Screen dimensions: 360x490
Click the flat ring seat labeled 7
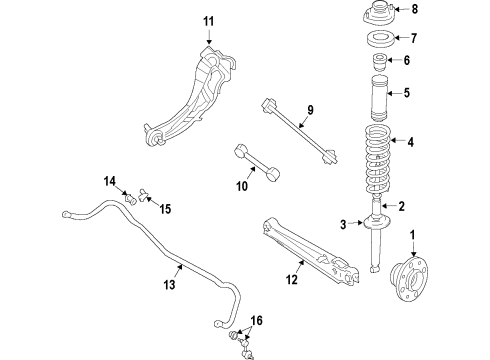coord(379,42)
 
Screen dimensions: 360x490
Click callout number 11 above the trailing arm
coord(208,21)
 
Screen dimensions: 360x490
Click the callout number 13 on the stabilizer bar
coord(170,285)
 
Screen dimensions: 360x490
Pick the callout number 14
coord(109,180)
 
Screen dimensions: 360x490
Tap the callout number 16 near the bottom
coord(257,319)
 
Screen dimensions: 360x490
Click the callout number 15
coord(166,209)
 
